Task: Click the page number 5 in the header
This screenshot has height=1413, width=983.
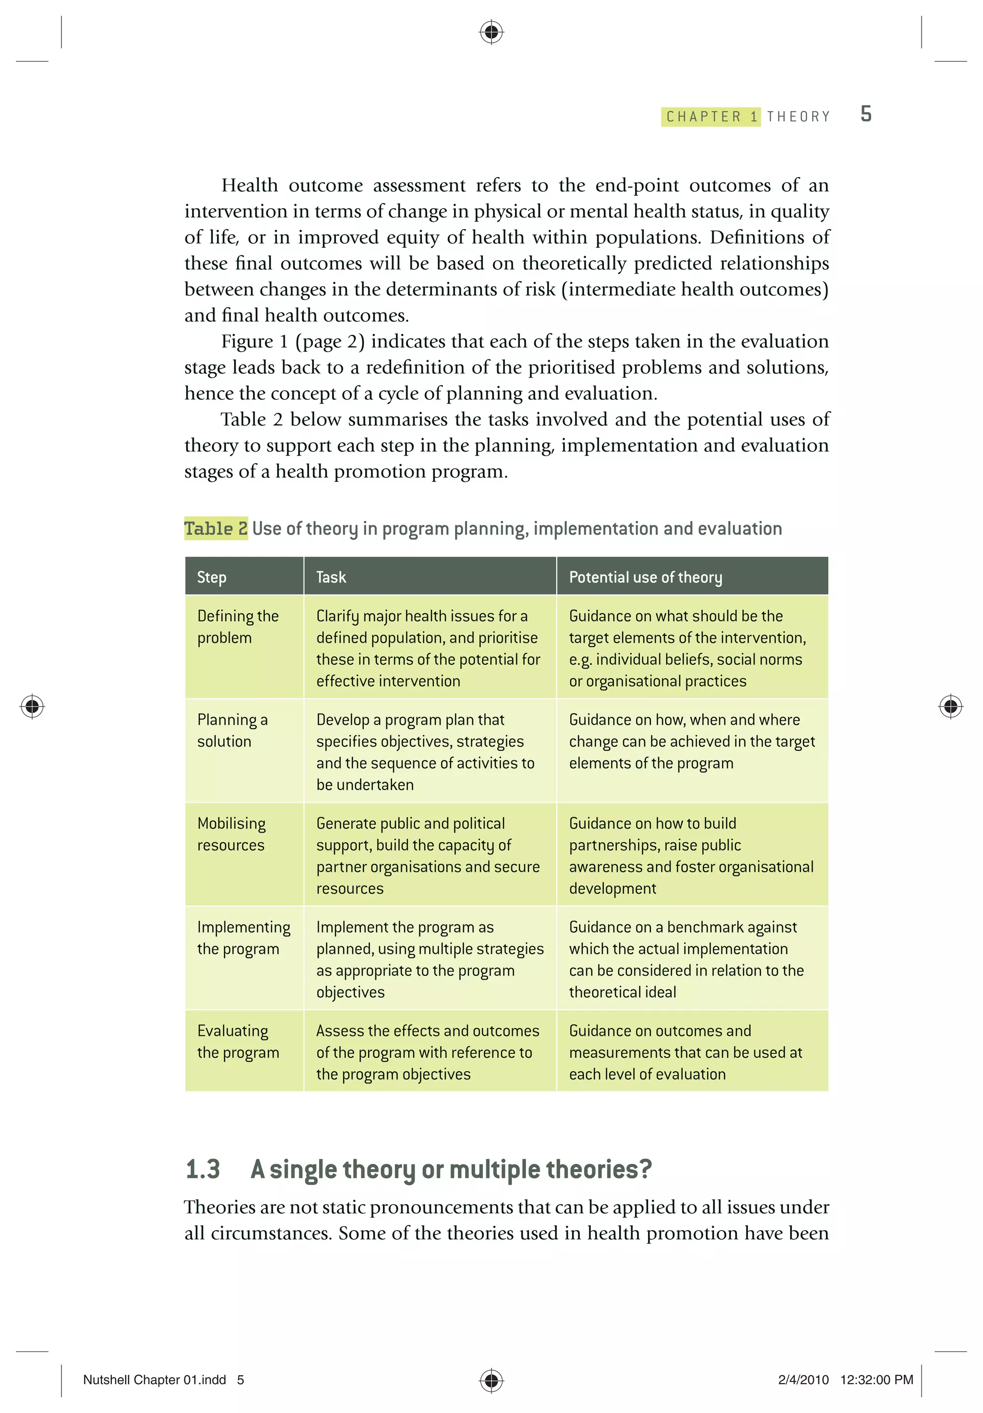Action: (865, 114)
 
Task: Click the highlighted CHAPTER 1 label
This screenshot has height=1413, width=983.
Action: (711, 117)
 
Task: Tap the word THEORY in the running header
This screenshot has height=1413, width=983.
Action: (798, 117)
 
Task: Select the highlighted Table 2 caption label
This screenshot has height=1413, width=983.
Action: (216, 528)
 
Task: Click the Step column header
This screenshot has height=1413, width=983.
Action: (212, 577)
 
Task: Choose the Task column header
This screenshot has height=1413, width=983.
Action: (331, 577)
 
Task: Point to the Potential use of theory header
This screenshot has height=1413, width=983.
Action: (645, 577)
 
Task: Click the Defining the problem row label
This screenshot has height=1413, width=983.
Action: (238, 626)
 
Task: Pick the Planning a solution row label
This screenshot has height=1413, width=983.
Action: (232, 730)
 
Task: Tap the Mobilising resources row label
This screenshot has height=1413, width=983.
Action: (231, 834)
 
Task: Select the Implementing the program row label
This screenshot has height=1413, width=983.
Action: (243, 937)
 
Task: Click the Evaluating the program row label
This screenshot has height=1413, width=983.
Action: (238, 1042)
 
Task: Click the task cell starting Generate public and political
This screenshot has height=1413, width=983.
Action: (428, 855)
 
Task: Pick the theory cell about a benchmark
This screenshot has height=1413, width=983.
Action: (686, 959)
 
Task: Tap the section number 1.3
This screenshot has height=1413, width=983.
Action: (203, 1169)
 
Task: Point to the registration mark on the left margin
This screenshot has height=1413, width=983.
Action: (32, 706)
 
